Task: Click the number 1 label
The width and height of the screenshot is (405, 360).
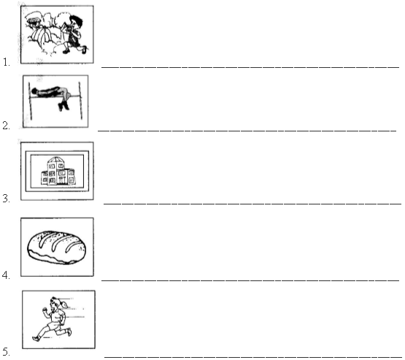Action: click(6, 62)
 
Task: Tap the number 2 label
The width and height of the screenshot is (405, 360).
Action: click(6, 126)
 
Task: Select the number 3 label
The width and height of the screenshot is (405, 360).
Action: click(6, 199)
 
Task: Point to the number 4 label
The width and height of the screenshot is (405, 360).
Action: click(6, 275)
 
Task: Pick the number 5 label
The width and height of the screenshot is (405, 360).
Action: click(6, 352)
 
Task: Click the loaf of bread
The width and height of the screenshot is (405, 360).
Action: click(57, 248)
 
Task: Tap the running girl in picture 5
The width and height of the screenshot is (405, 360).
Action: click(55, 319)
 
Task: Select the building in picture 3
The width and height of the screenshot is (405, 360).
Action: click(58, 171)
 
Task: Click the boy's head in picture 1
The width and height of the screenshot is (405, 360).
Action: click(77, 21)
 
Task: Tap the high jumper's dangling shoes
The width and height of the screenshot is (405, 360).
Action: click(63, 106)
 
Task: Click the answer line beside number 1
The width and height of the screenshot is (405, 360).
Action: click(250, 67)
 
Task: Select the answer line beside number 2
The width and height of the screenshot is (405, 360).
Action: click(247, 131)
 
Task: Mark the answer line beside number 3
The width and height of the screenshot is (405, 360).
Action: click(252, 204)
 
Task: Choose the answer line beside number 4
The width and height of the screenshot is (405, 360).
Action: click(250, 280)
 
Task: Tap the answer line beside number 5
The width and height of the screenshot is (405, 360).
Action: click(252, 357)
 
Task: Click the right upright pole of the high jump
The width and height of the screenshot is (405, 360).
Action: click(80, 101)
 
